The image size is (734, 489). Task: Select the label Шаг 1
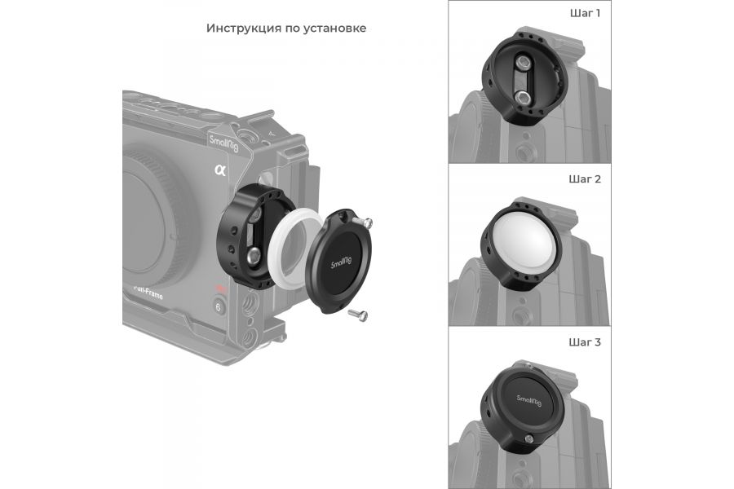(585, 14)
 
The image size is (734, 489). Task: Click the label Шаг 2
(585, 178)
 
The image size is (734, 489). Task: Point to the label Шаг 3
(585, 342)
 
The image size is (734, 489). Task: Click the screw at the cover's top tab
(369, 222)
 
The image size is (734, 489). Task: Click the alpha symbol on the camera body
(219, 170)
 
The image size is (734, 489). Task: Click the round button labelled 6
(219, 307)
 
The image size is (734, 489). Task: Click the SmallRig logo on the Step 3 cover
(533, 399)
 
